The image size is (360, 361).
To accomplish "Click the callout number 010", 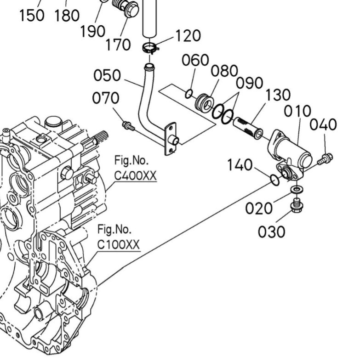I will coord(297,112).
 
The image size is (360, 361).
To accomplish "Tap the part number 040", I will coord(325,124).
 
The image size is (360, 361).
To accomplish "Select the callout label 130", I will coord(277,95).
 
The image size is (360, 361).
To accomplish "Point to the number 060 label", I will coord(195,60).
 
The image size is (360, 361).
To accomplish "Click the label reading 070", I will coord(105,98).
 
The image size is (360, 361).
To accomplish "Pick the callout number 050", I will coord(108,75).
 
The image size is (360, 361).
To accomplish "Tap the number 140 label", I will coord(239,165).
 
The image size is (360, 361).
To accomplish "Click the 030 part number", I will coord(271,231).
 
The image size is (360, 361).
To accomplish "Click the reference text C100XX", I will coord(119,245).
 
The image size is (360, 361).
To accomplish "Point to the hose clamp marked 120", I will coord(149,47).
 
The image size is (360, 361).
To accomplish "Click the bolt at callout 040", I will coord(326,159).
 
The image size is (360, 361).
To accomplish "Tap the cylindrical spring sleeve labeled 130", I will coord(249,127).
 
